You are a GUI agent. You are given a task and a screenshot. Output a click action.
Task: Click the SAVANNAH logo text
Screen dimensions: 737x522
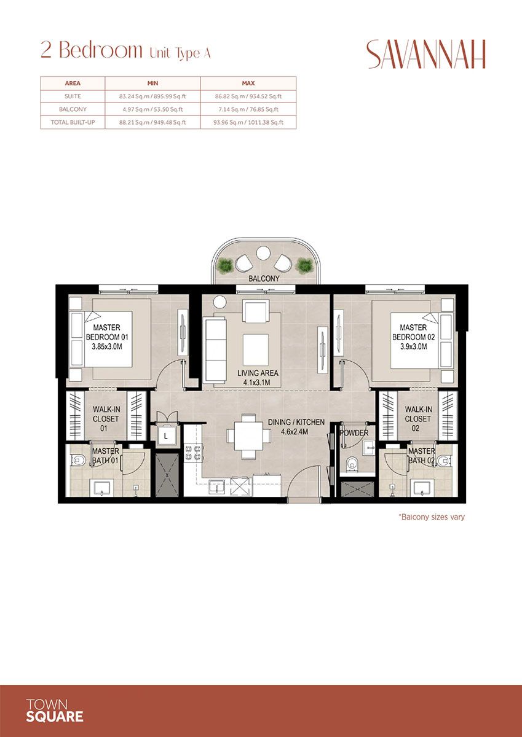(x=426, y=55)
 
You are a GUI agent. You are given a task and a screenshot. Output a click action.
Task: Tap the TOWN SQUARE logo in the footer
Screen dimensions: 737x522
(x=55, y=710)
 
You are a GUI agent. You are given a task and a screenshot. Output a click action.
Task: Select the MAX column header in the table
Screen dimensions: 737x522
(x=248, y=83)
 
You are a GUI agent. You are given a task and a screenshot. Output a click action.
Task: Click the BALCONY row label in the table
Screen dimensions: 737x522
(x=73, y=109)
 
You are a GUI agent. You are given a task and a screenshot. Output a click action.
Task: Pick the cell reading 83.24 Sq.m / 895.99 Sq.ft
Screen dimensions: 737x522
(x=152, y=96)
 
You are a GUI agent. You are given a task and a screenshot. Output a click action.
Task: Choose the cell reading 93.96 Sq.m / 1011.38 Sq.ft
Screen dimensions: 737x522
(x=248, y=122)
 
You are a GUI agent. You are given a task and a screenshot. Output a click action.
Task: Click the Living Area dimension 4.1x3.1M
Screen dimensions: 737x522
(x=258, y=381)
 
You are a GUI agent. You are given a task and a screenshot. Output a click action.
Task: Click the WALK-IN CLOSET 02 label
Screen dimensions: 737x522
(x=418, y=419)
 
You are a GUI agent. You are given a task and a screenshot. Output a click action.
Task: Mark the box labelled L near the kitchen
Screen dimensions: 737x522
(x=166, y=437)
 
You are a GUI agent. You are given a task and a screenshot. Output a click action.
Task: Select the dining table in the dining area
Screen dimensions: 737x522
(x=248, y=436)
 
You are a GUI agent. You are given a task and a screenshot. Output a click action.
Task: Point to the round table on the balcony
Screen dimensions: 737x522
(x=263, y=252)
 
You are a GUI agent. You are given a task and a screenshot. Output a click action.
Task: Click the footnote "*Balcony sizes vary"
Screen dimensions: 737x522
(x=431, y=517)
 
